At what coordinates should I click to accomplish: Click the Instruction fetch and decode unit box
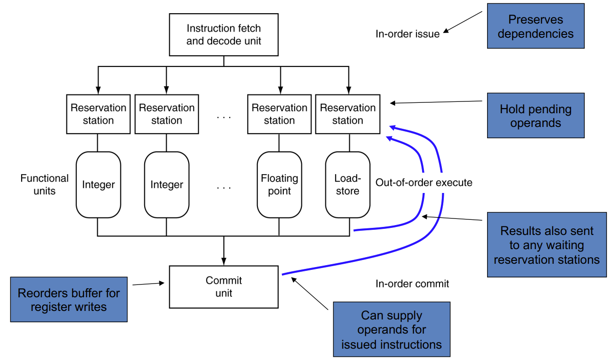(224, 35)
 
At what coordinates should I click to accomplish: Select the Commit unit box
(224, 286)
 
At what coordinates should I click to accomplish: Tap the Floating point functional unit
(279, 184)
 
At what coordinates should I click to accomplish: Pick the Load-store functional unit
(348, 184)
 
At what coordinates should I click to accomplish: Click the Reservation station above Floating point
(279, 114)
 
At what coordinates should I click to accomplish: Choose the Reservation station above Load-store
(348, 114)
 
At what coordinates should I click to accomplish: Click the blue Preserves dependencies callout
(535, 27)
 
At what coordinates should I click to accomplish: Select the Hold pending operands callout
(535, 116)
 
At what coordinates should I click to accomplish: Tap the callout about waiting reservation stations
(547, 245)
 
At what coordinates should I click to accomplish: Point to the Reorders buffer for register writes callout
(69, 300)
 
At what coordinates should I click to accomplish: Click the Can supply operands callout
(391, 330)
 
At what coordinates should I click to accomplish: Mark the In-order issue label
(407, 34)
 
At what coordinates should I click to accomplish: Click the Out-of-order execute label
(423, 183)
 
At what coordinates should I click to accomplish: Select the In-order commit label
(412, 284)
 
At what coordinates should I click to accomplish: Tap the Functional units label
(44, 184)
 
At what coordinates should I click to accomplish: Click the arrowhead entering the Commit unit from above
(224, 260)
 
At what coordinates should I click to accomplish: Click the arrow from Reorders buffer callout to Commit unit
(148, 284)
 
